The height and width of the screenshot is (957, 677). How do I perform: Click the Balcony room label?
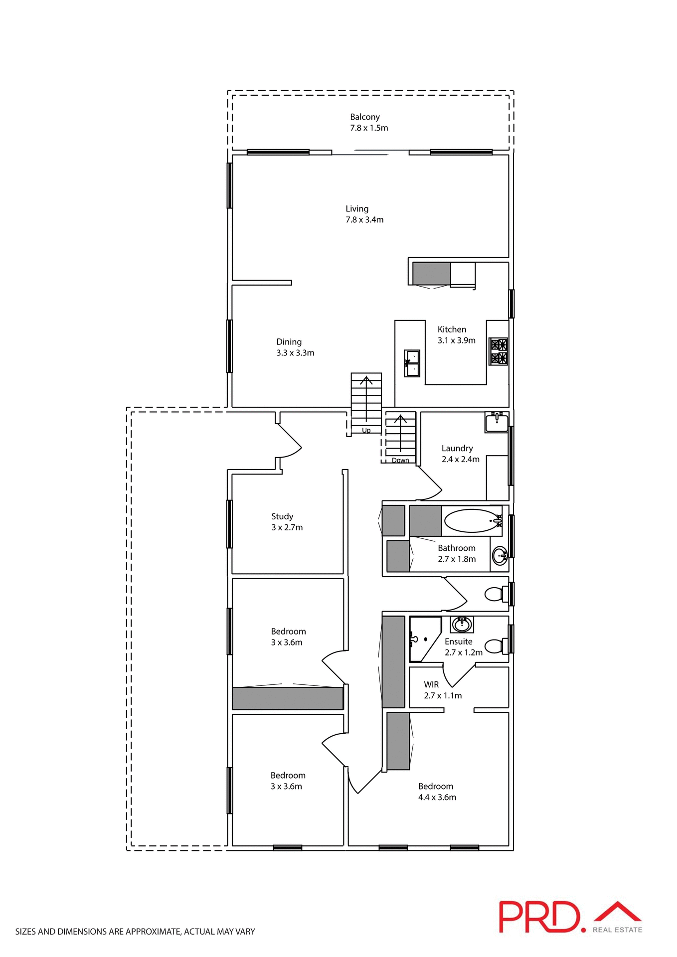pyautogui.click(x=364, y=117)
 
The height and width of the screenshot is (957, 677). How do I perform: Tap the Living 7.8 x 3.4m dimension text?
pyautogui.click(x=364, y=220)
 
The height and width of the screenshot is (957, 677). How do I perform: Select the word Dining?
pyautogui.click(x=289, y=342)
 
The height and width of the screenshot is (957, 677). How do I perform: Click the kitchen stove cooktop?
pyautogui.click(x=499, y=351)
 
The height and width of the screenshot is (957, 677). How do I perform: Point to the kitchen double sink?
pyautogui.click(x=412, y=363)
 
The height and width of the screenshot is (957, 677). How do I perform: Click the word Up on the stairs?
pyautogui.click(x=366, y=430)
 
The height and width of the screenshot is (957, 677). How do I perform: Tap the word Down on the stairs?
pyautogui.click(x=400, y=460)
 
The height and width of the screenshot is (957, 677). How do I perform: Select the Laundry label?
pyautogui.click(x=457, y=448)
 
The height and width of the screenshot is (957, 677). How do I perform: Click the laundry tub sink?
pyautogui.click(x=497, y=423)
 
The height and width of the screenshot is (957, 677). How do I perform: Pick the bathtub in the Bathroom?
pyautogui.click(x=473, y=521)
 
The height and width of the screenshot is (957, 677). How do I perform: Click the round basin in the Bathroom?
pyautogui.click(x=500, y=554)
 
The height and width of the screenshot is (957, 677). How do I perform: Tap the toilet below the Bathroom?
pyautogui.click(x=496, y=594)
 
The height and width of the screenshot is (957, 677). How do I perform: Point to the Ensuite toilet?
pyautogui.click(x=496, y=646)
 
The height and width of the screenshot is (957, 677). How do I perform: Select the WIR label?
pyautogui.click(x=431, y=685)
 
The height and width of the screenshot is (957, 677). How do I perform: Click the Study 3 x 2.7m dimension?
pyautogui.click(x=287, y=527)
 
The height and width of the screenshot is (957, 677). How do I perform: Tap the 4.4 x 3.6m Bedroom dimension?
pyautogui.click(x=437, y=797)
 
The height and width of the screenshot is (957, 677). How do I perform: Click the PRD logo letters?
pyautogui.click(x=540, y=917)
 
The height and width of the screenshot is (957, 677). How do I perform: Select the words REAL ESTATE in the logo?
pyautogui.click(x=617, y=930)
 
